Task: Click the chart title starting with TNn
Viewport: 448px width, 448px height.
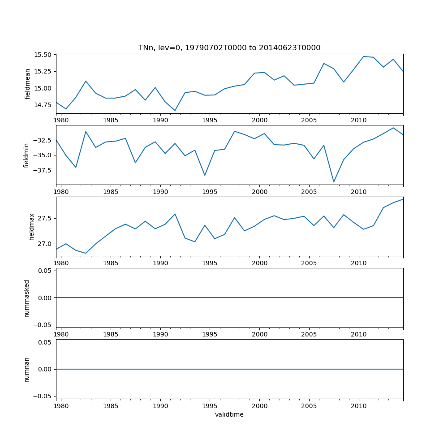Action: click(229, 48)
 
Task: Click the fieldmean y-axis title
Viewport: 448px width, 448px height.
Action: click(27, 84)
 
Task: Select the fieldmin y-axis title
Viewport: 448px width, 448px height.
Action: click(26, 155)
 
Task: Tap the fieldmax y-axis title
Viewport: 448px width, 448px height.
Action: click(31, 226)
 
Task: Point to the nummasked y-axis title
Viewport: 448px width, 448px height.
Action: click(26, 298)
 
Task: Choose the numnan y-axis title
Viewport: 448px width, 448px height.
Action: click(26, 369)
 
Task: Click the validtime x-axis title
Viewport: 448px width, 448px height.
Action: click(229, 414)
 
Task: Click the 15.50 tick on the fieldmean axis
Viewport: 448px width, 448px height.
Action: click(43, 55)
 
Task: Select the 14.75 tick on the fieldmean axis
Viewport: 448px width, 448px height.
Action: click(43, 105)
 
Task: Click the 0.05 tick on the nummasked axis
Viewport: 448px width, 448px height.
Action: click(43, 271)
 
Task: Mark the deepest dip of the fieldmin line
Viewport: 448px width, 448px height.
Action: click(334, 182)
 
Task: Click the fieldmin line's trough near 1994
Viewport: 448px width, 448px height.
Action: click(205, 175)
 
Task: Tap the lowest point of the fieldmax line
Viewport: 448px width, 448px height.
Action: click(86, 253)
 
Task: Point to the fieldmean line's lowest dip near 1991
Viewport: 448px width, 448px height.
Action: click(175, 111)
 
